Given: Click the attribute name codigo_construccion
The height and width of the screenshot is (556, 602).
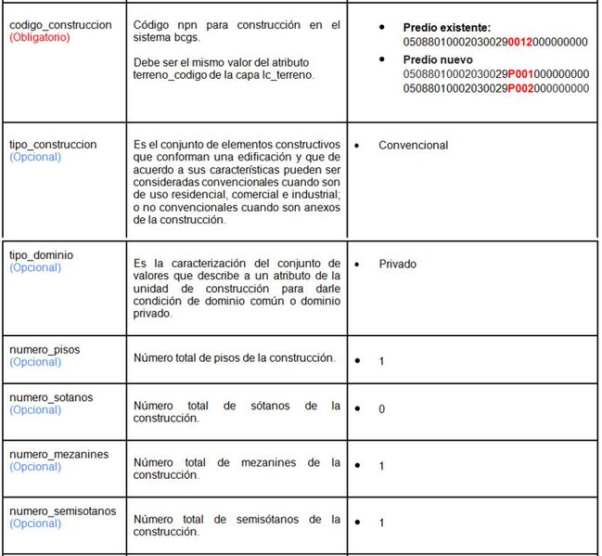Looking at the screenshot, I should (60, 24).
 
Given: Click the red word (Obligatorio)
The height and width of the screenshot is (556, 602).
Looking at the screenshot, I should (40, 37).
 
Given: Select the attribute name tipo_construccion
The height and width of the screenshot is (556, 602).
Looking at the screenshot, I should (53, 145).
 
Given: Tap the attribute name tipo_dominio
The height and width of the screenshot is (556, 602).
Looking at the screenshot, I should (41, 254).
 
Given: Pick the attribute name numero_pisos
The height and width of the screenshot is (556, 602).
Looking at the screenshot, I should (45, 349).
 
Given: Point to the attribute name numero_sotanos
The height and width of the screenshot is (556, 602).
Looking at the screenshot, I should (51, 397).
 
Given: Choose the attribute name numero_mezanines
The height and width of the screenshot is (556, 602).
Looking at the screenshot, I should (58, 454).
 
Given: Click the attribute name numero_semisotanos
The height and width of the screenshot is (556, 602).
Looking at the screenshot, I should (62, 511).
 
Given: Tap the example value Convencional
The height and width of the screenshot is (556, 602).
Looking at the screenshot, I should (413, 145).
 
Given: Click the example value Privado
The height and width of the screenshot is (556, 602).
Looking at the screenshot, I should (397, 264).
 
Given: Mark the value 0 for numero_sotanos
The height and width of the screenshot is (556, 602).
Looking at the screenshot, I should (381, 408).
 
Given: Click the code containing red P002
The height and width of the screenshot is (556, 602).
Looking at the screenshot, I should (496, 88).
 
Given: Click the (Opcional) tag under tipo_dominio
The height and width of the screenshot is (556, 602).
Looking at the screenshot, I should (35, 267).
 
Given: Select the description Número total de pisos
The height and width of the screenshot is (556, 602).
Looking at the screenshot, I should (234, 358).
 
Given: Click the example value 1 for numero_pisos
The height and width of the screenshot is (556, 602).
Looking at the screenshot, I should (381, 361).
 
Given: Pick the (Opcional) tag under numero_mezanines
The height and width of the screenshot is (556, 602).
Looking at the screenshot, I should (35, 467).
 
